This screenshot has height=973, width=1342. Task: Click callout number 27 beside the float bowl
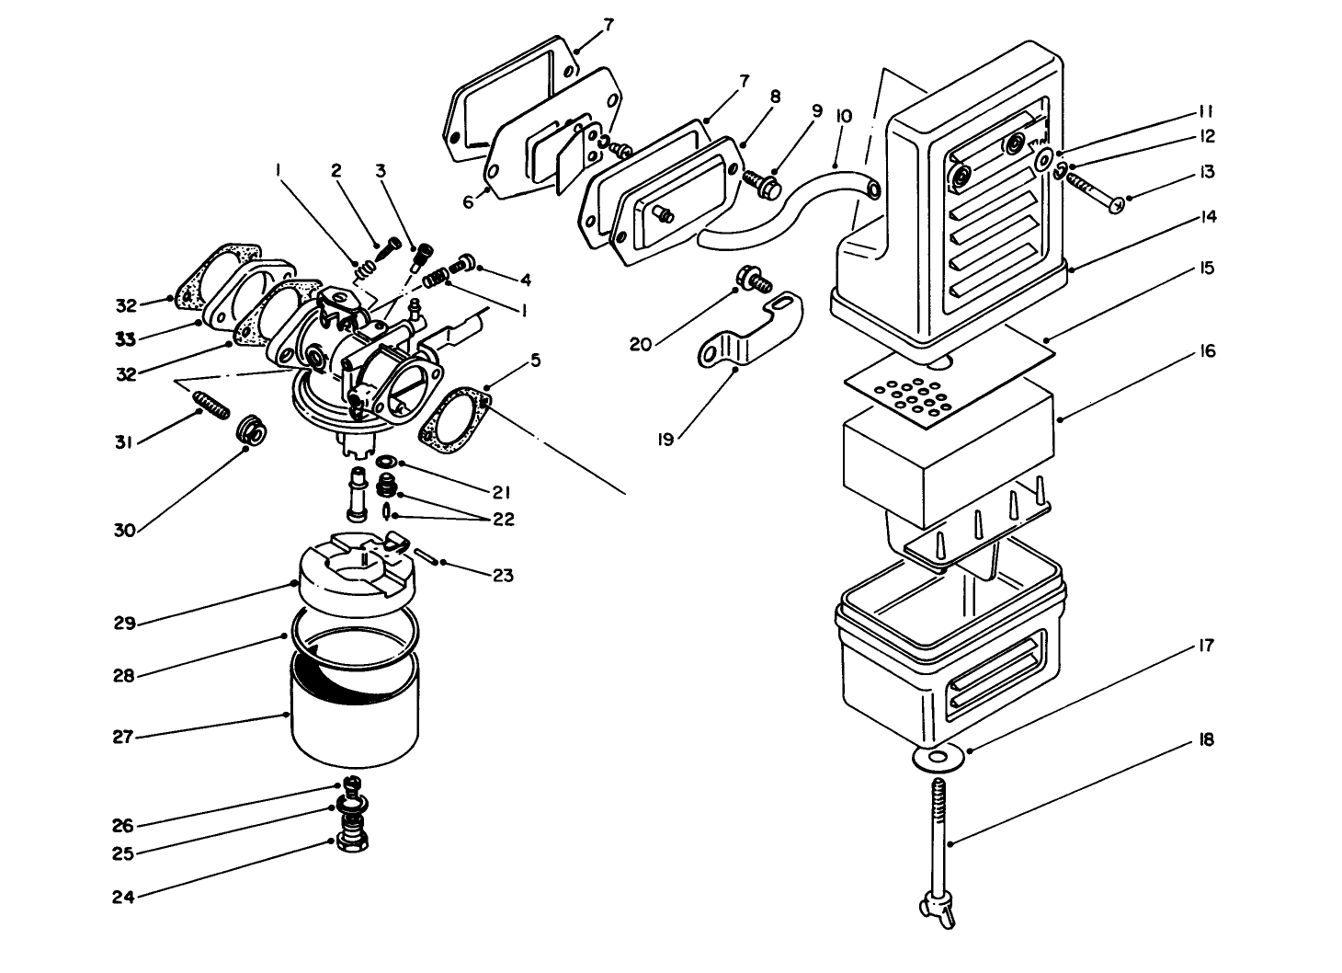pyautogui.click(x=122, y=737)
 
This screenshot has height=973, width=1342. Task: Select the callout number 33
pyautogui.click(x=125, y=339)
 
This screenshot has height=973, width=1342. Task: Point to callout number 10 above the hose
pyautogui.click(x=844, y=117)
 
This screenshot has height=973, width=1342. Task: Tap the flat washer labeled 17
pyautogui.click(x=938, y=757)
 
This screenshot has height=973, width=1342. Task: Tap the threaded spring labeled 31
pyautogui.click(x=210, y=405)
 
